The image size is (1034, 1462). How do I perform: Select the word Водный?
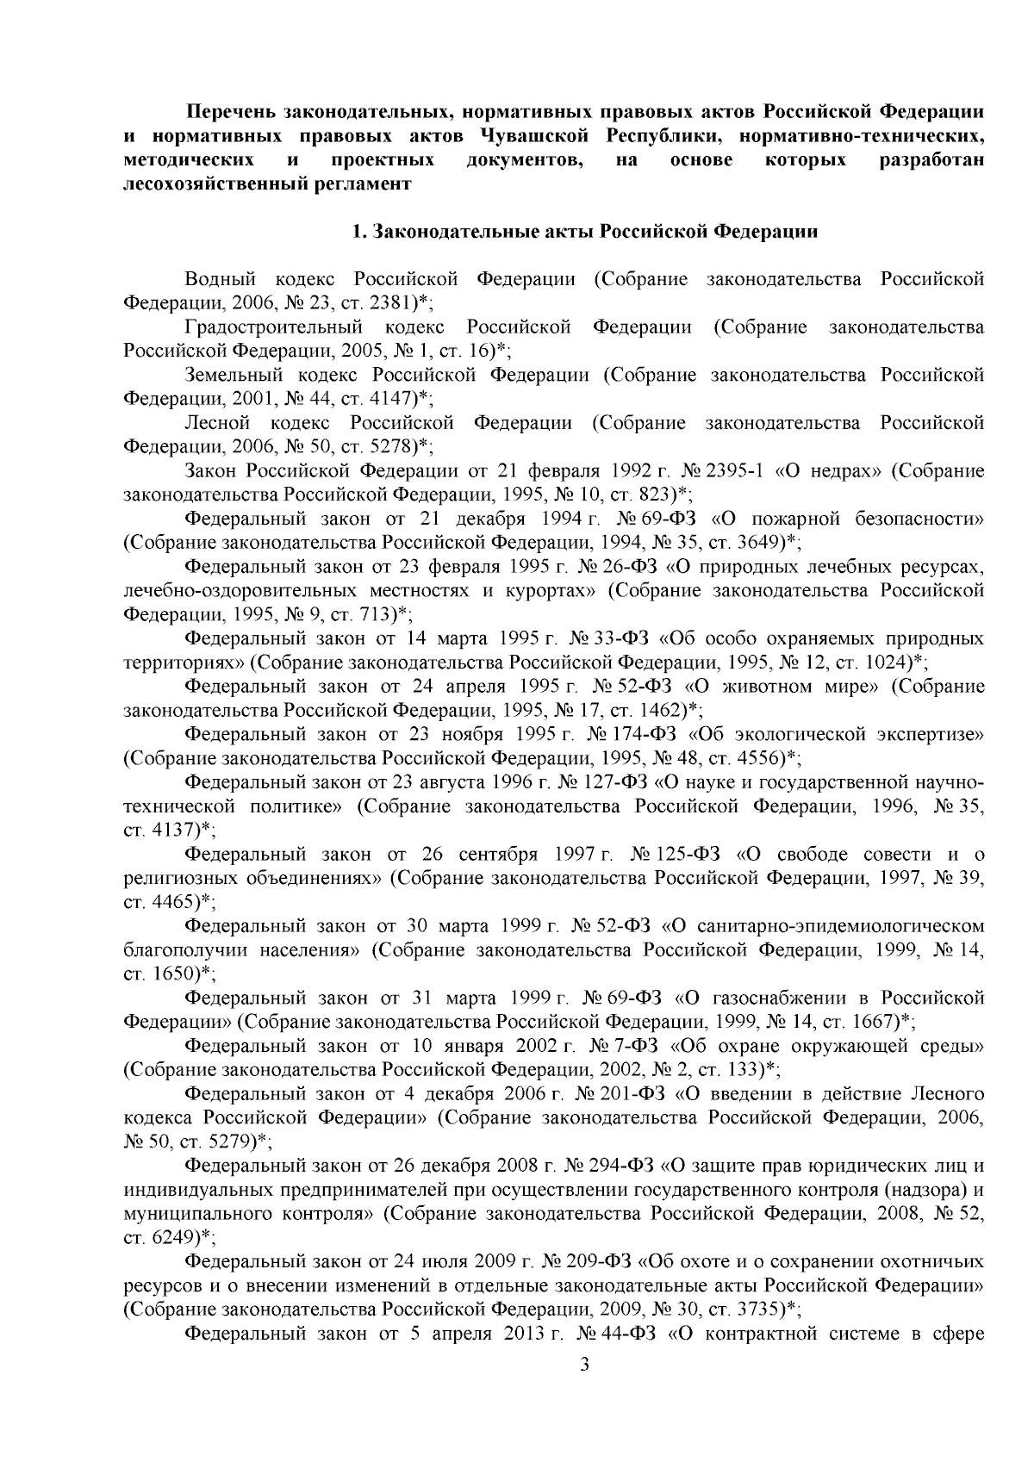[221, 280]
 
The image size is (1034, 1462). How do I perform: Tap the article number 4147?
[390, 399]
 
